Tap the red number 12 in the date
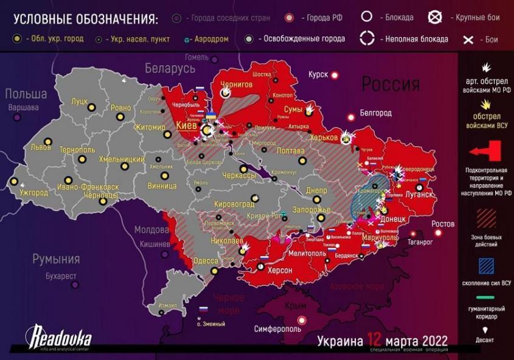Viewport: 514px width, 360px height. (374, 340)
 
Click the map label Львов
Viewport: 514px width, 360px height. (42, 147)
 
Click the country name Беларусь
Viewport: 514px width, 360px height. (169, 67)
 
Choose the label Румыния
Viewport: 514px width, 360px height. (57, 259)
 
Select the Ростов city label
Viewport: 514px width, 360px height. (443, 224)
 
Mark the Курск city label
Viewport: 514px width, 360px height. (318, 74)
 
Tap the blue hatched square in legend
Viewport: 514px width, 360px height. (485, 266)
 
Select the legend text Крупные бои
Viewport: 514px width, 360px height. (478, 18)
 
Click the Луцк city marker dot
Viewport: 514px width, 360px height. (91, 107)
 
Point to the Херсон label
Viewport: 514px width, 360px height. (280, 270)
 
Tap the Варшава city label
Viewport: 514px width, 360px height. (23, 108)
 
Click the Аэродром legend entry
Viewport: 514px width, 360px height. (211, 39)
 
